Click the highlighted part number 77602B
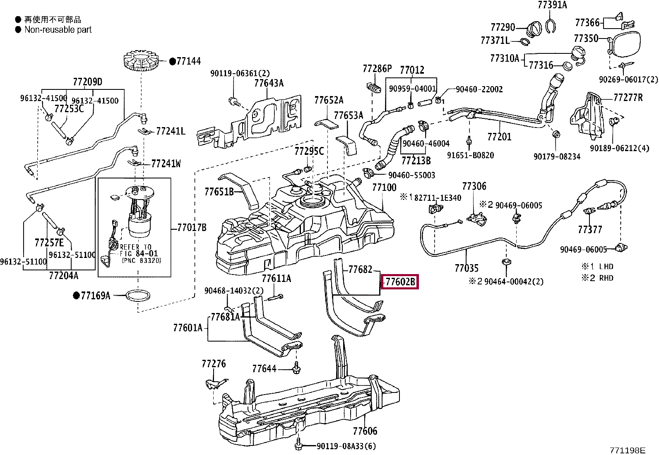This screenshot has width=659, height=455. click(400, 282)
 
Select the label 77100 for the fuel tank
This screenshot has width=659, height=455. click(384, 188)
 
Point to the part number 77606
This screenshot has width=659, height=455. click(366, 431)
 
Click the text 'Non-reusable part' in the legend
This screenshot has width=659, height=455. click(58, 30)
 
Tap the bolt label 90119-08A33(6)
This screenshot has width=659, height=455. click(346, 446)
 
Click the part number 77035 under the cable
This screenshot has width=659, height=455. click(466, 268)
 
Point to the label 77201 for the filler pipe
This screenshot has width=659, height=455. click(499, 136)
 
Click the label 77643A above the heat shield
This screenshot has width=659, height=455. click(269, 83)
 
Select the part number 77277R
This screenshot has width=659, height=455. click(628, 98)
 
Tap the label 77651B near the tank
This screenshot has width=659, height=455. click(219, 192)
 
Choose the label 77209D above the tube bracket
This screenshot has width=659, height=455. click(87, 82)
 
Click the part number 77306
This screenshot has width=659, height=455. click(474, 186)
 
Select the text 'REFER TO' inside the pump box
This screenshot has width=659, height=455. click(135, 247)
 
